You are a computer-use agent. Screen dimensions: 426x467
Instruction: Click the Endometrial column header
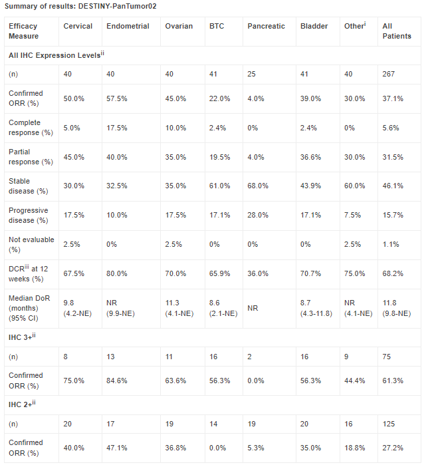pyautogui.click(x=128, y=26)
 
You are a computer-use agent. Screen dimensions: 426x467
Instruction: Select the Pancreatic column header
pyautogui.click(x=266, y=26)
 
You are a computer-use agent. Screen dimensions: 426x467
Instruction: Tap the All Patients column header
pyautogui.click(x=397, y=31)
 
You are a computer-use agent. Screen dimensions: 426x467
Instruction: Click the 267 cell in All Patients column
pyautogui.click(x=388, y=74)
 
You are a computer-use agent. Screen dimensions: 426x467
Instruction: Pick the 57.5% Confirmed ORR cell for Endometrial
pyautogui.click(x=116, y=98)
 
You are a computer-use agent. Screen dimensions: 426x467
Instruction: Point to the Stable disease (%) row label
pyautogui.click(x=29, y=186)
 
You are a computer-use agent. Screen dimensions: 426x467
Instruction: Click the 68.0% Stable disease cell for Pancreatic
pyautogui.click(x=258, y=186)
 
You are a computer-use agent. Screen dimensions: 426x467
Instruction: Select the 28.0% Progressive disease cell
pyautogui.click(x=258, y=215)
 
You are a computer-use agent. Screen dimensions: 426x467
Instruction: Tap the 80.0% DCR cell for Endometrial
pyautogui.click(x=116, y=273)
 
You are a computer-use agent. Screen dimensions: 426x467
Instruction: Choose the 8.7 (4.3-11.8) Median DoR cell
pyautogui.click(x=316, y=308)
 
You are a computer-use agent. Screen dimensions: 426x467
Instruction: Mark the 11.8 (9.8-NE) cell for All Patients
pyautogui.click(x=396, y=308)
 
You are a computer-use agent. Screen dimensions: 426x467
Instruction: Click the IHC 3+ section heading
pyautogui.click(x=22, y=337)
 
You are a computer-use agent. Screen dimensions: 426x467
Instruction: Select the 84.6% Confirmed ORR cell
pyautogui.click(x=116, y=381)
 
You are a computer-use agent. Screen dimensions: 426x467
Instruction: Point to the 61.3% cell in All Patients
pyautogui.click(x=393, y=381)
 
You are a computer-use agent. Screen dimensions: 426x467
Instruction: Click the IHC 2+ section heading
pyautogui.click(x=22, y=404)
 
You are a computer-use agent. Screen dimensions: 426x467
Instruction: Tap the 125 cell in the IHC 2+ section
pyautogui.click(x=388, y=424)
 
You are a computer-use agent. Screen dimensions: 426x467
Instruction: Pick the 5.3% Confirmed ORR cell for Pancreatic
pyautogui.click(x=256, y=448)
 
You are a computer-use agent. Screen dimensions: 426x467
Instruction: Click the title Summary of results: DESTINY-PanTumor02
pyautogui.click(x=80, y=6)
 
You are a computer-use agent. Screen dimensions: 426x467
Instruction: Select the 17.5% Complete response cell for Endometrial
pyautogui.click(x=116, y=128)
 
